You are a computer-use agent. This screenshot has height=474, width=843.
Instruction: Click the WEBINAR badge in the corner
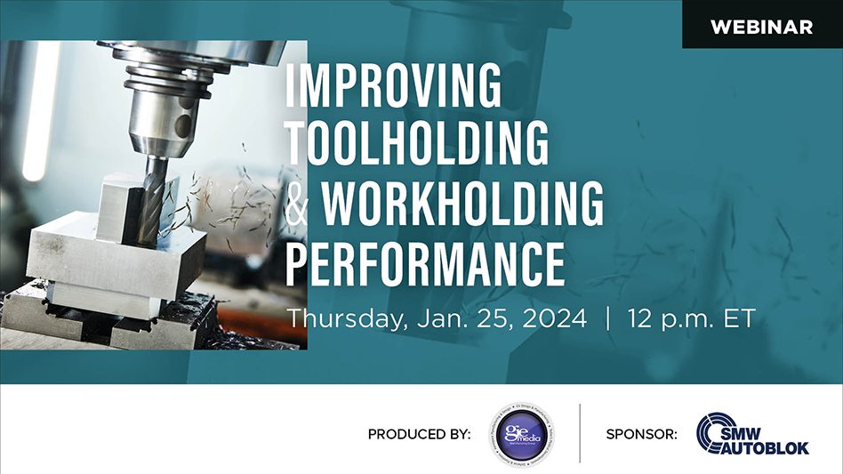pyautogui.click(x=761, y=27)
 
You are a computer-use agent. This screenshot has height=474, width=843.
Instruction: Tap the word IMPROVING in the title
pyautogui.click(x=393, y=86)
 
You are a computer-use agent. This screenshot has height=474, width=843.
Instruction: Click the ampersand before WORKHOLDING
pyautogui.click(x=301, y=205)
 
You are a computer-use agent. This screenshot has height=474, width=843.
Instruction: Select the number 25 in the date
pyautogui.click(x=488, y=318)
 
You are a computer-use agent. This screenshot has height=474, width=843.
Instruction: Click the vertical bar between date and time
pyautogui.click(x=607, y=318)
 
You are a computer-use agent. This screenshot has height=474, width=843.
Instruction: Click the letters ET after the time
pyautogui.click(x=740, y=318)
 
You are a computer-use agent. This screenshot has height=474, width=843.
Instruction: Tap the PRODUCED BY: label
pyautogui.click(x=419, y=435)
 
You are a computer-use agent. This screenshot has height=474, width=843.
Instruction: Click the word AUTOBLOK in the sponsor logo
pyautogui.click(x=766, y=447)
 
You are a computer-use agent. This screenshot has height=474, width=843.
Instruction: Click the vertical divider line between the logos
pyautogui.click(x=580, y=433)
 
